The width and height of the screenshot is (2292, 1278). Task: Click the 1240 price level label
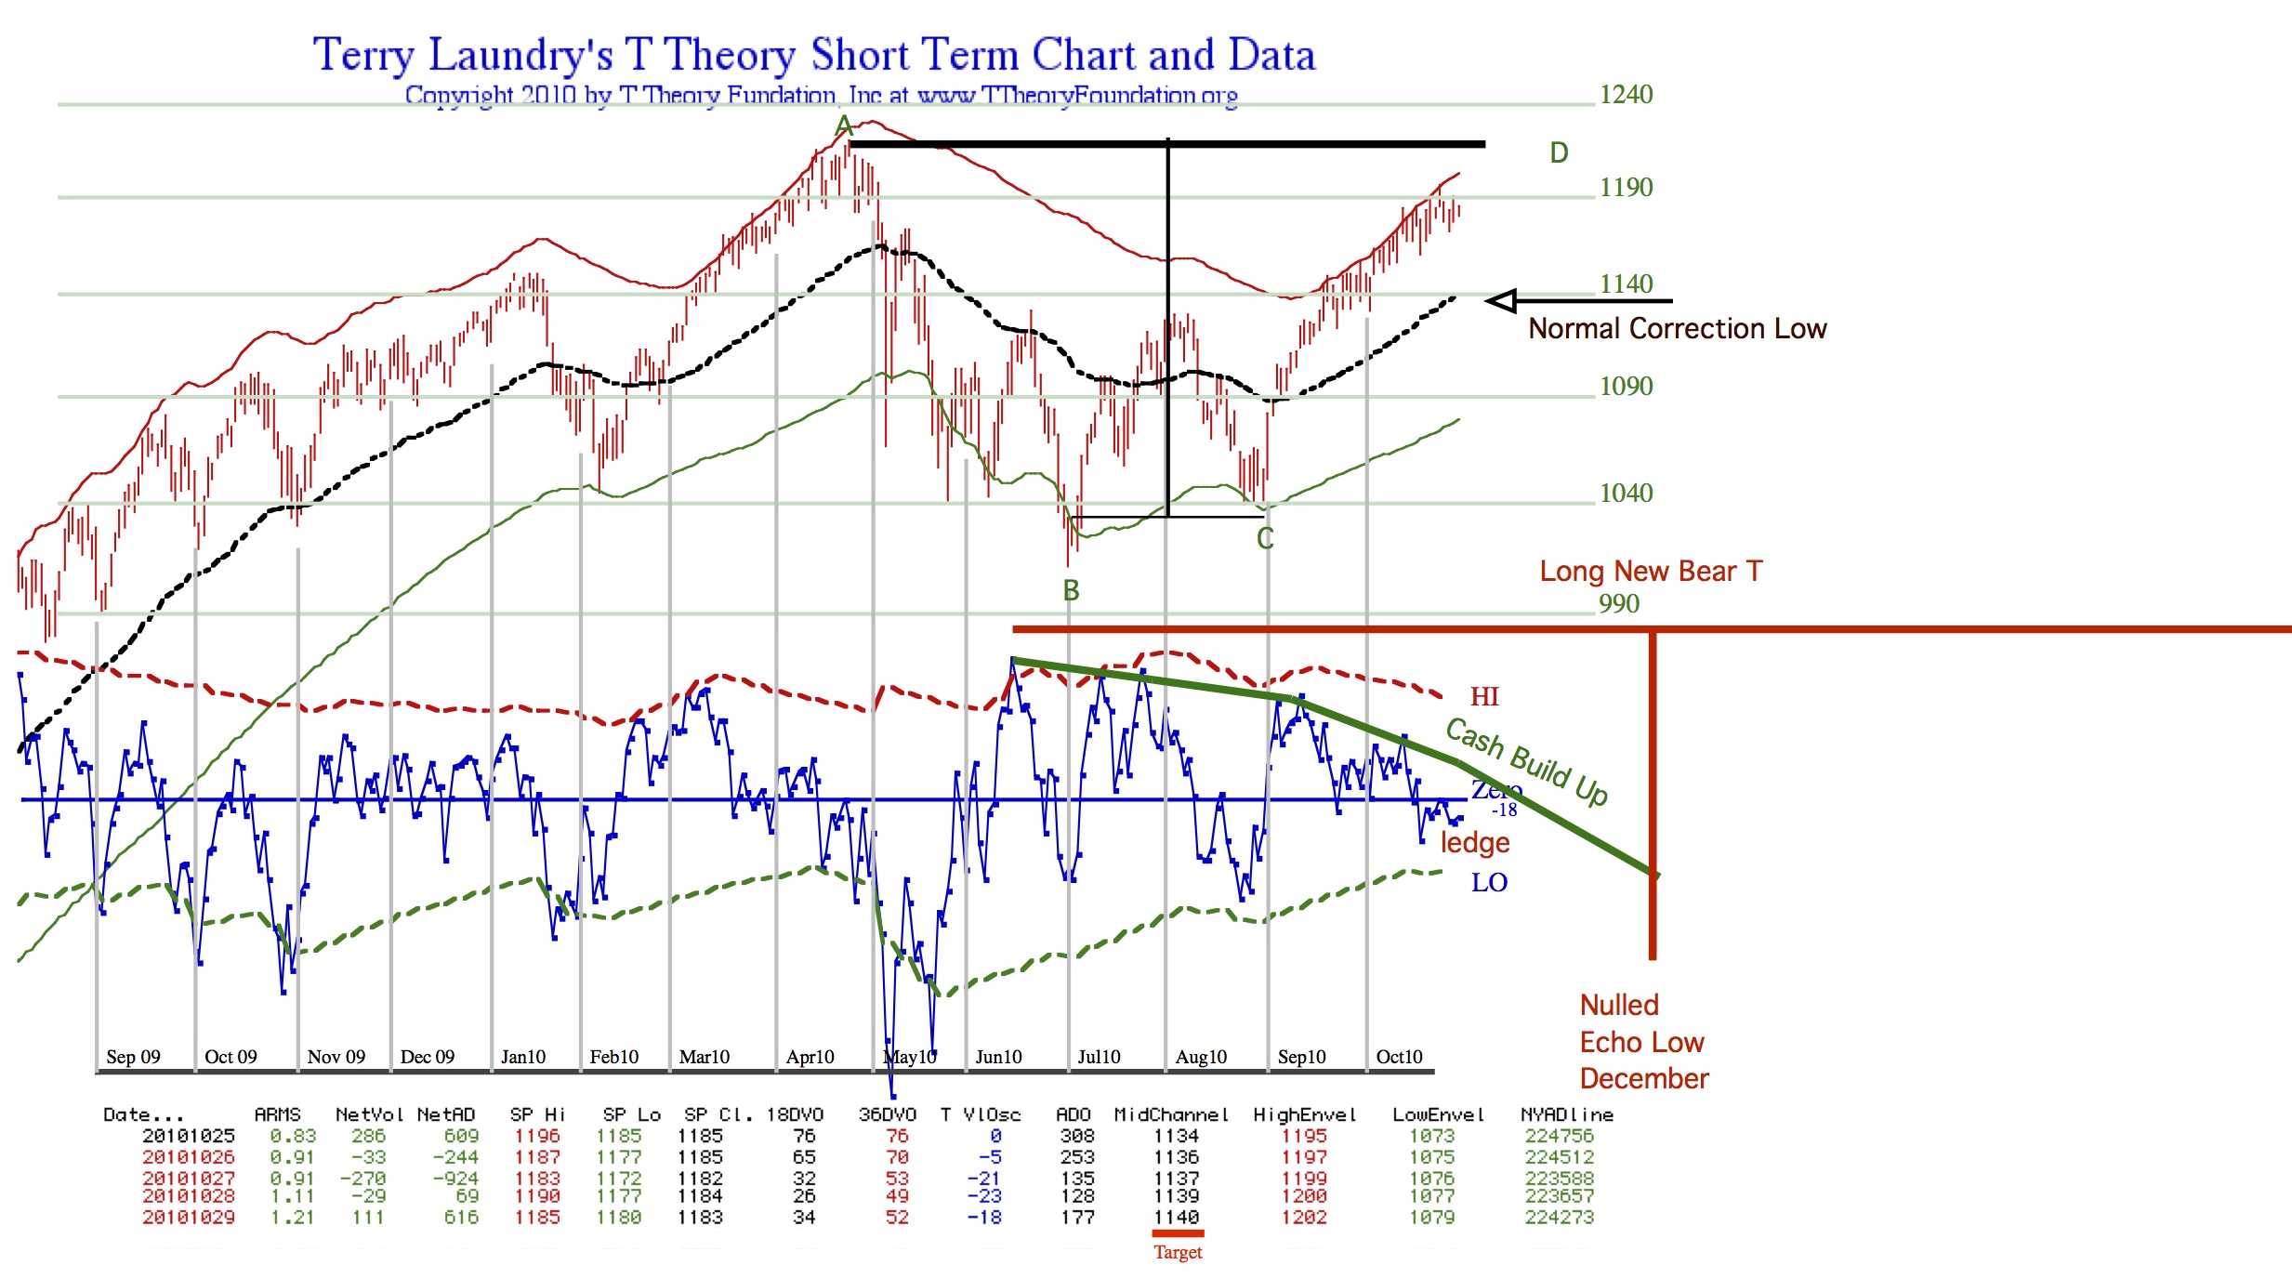[x=1626, y=94]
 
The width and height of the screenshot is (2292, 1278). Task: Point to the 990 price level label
[x=1618, y=603]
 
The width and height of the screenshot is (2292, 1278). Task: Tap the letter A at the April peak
[x=843, y=125]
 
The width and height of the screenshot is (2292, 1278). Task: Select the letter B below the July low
[x=1071, y=590]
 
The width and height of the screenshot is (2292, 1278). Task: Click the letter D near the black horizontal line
[x=1559, y=152]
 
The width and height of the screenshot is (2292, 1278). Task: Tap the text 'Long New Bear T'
[x=1651, y=571]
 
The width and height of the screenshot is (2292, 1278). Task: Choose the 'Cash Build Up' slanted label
[x=1526, y=760]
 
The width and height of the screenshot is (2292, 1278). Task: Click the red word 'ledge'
[x=1475, y=843]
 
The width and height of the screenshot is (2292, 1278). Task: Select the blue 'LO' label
[x=1489, y=882]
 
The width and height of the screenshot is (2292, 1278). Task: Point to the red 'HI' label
[x=1484, y=696]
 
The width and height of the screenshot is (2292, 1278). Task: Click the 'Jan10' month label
[x=523, y=1057]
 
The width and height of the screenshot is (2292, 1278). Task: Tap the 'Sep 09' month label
[x=133, y=1057]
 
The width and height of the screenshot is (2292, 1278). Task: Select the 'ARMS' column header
[x=277, y=1114]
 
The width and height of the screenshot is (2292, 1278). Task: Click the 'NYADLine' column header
[x=1566, y=1114]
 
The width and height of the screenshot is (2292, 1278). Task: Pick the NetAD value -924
[x=455, y=1178]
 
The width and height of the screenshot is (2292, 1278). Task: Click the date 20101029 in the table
[x=189, y=1217]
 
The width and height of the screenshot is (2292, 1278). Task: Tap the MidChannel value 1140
[x=1176, y=1217]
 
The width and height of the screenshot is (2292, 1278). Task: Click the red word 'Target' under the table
[x=1178, y=1252]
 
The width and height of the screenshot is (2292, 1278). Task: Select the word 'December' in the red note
[x=1644, y=1078]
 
